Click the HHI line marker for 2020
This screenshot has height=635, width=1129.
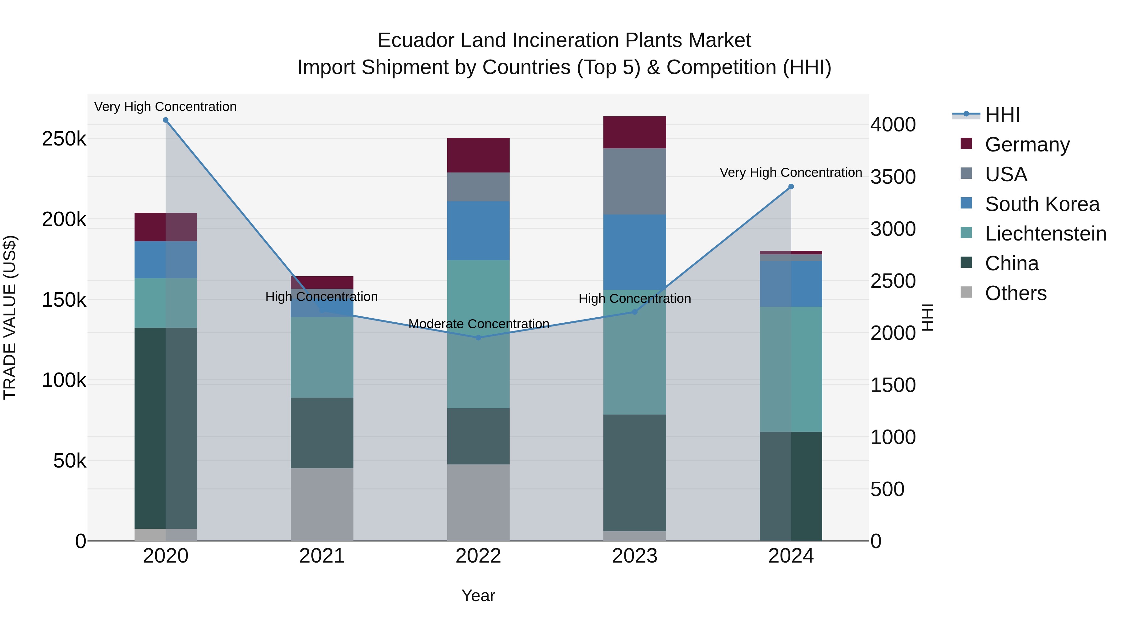tap(166, 120)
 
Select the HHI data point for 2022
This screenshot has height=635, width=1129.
tap(478, 337)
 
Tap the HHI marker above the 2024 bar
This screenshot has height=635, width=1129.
tap(791, 187)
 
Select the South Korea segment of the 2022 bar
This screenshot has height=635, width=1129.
tap(478, 231)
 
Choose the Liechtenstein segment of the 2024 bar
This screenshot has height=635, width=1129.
tap(791, 369)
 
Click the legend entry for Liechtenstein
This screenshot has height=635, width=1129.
tap(1045, 234)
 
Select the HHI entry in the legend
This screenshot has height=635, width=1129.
tap(1002, 115)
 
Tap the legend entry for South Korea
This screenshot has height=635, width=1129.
tap(1042, 204)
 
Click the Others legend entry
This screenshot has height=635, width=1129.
tap(1015, 293)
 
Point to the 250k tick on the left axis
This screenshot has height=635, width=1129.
tap(64, 139)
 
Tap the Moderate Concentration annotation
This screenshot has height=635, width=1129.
tap(478, 324)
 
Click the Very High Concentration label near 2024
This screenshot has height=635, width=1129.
tap(790, 173)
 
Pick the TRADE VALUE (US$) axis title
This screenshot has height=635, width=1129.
tap(10, 317)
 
